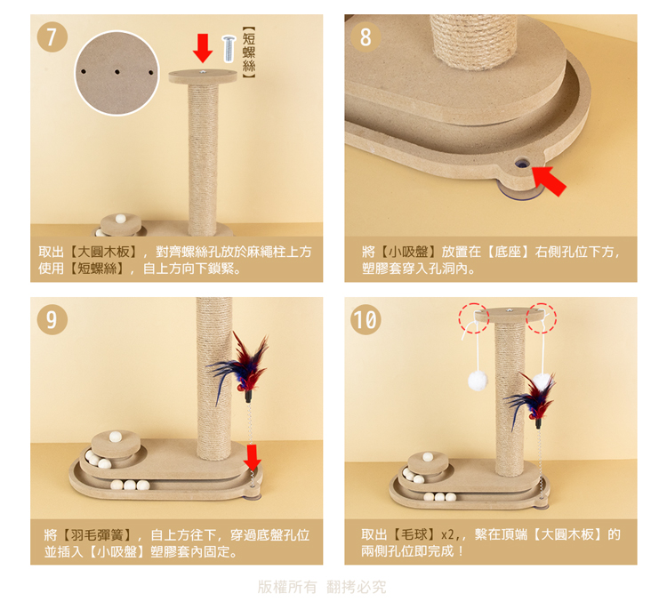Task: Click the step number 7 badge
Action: [52, 37]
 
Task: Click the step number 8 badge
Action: [366, 37]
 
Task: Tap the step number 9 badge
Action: [52, 319]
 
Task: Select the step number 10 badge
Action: [366, 319]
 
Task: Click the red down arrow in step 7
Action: [203, 49]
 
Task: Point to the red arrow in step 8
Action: [549, 181]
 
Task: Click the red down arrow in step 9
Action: [253, 457]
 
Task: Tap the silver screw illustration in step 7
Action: [229, 49]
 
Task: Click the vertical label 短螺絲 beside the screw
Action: [249, 52]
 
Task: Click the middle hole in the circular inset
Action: [117, 72]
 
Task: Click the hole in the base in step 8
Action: [522, 162]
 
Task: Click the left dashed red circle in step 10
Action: [473, 318]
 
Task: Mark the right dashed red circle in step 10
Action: [541, 318]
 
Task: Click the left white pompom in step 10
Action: [478, 381]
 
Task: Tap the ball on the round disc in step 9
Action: [116, 437]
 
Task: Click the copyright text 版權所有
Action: [287, 587]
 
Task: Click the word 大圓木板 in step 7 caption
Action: [104, 252]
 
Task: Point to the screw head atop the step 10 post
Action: [509, 311]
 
